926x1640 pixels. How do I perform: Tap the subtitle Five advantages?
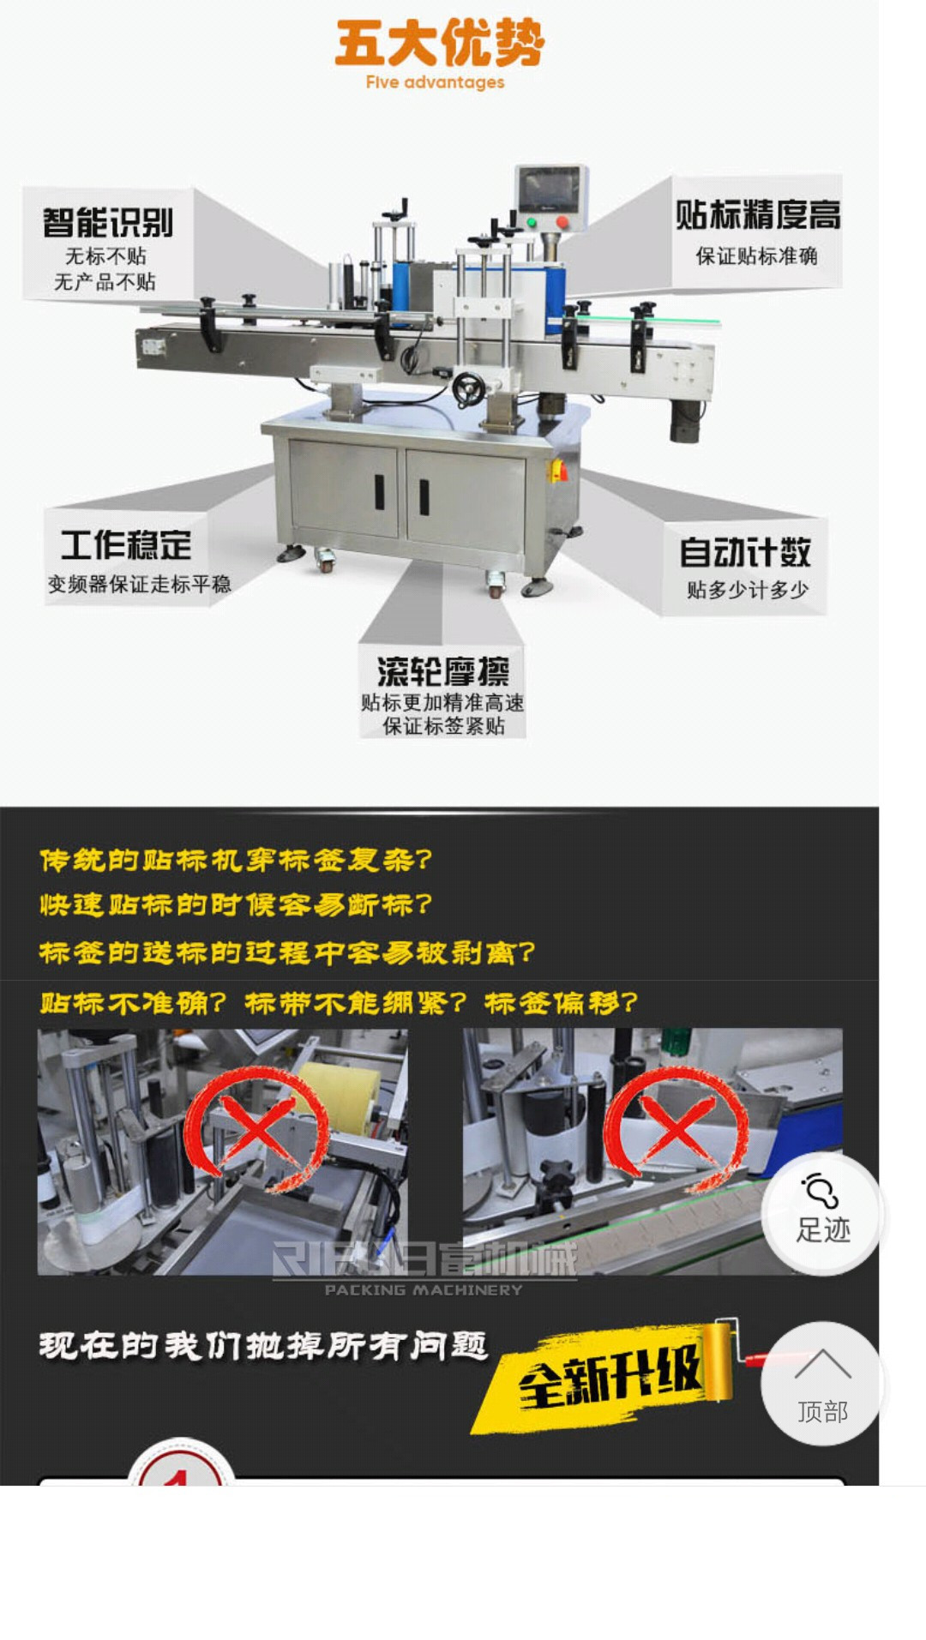point(435,82)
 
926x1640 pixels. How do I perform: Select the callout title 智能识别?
point(108,223)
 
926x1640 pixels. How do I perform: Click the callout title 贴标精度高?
point(757,214)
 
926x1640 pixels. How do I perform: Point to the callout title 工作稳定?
point(126,545)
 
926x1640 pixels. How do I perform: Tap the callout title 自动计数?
point(744,552)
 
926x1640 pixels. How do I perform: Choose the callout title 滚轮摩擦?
point(442,670)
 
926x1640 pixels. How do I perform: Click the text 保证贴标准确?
point(756,255)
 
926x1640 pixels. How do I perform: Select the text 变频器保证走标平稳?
point(139,585)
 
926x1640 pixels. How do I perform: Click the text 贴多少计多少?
point(747,590)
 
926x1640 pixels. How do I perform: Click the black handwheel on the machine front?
point(468,390)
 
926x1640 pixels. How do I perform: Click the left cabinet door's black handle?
point(378,491)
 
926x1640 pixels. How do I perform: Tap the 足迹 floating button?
point(821,1213)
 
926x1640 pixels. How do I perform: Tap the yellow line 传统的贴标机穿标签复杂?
point(236,860)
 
